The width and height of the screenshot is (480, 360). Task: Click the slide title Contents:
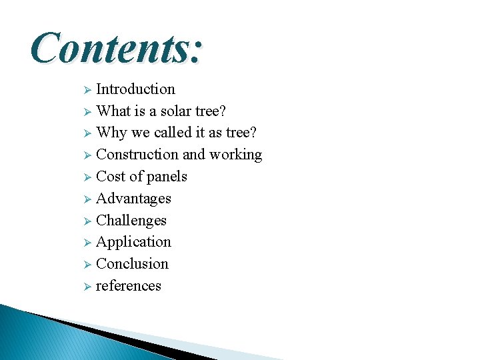click(116, 47)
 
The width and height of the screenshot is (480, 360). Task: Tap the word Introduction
click(135, 89)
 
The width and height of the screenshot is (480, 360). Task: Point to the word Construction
click(137, 155)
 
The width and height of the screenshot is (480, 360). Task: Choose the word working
click(235, 155)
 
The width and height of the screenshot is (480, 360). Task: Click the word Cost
click(111, 177)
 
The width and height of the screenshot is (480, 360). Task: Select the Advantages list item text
click(133, 199)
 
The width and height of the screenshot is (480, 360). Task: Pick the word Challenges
click(131, 221)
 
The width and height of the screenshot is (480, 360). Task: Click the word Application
click(133, 242)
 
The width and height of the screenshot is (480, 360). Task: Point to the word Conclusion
click(132, 264)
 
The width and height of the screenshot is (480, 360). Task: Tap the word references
click(129, 286)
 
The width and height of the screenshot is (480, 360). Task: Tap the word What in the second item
click(112, 111)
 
